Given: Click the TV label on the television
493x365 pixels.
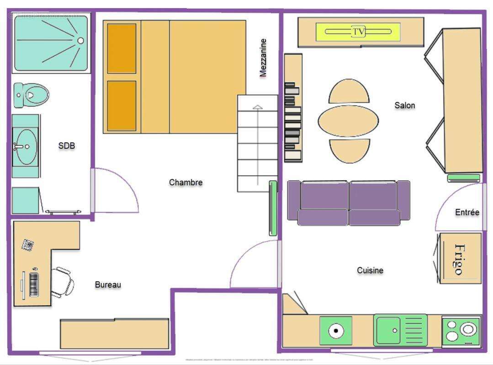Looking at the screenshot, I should click(x=359, y=31).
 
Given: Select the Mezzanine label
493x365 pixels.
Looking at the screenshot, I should click(x=263, y=58).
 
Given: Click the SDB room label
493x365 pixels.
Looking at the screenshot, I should click(x=67, y=146).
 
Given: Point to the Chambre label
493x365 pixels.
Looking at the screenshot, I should click(x=186, y=182).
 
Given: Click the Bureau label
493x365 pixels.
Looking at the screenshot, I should click(x=108, y=285).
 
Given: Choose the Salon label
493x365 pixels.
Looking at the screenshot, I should click(x=405, y=105).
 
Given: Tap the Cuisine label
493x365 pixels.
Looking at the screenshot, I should click(x=370, y=271).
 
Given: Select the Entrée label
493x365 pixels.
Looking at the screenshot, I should click(x=467, y=212).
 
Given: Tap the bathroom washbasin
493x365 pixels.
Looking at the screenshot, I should click(x=26, y=146).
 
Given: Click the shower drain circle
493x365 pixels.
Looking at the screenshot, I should click(x=81, y=41).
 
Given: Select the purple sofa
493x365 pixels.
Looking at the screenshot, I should click(x=349, y=203).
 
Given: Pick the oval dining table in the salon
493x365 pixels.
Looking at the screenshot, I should click(x=348, y=121).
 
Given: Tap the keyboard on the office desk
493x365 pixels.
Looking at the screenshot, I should click(x=34, y=284).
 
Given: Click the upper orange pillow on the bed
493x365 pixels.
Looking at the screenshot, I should click(x=122, y=48).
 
